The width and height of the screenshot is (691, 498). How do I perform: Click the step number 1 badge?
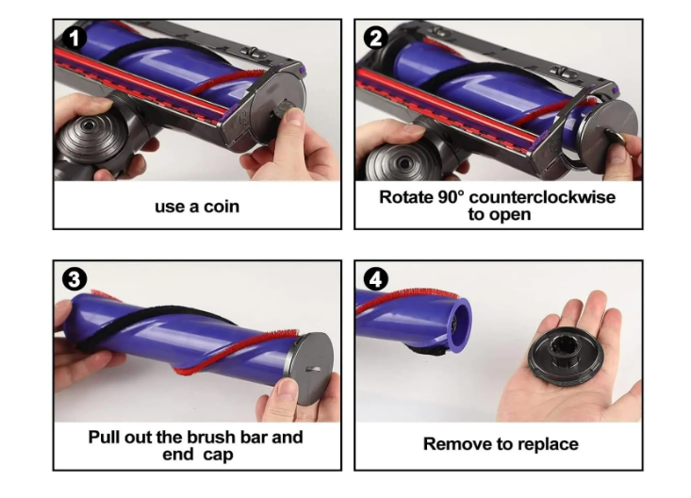(74, 38)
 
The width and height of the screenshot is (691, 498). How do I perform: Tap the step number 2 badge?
(375, 38)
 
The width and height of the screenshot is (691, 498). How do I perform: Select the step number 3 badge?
(74, 279)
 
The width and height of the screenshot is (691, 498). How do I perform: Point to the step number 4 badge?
(375, 279)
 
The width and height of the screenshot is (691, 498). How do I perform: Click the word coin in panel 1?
(222, 207)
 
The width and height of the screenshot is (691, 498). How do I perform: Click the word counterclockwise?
(542, 197)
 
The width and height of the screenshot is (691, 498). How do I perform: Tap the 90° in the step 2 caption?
(452, 197)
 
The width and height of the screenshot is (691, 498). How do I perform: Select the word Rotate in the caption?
(406, 197)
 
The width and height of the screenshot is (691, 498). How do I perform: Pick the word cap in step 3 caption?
(218, 455)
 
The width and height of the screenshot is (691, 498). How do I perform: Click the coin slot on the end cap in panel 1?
(285, 108)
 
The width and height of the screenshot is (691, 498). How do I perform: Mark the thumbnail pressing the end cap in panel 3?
(287, 389)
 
